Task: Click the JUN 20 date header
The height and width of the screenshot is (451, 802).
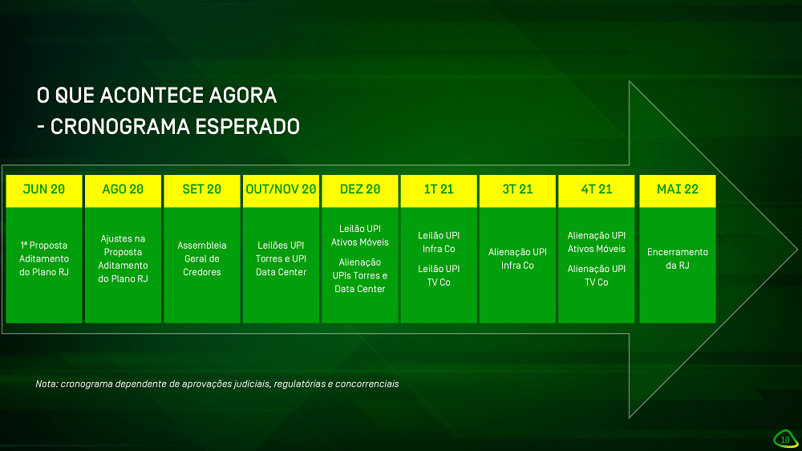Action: click(x=44, y=190)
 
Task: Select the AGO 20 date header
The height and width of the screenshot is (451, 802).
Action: click(x=123, y=190)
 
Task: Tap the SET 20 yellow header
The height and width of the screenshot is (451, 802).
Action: click(x=202, y=190)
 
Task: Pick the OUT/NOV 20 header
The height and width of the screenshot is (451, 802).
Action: click(x=281, y=190)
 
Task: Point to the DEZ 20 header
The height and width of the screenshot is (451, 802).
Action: click(x=359, y=190)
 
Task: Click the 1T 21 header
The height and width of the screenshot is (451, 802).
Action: click(x=439, y=190)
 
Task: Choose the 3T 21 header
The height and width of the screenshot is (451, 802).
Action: click(x=517, y=190)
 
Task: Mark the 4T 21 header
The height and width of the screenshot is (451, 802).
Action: click(x=597, y=190)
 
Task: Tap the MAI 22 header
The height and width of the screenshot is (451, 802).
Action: click(x=678, y=190)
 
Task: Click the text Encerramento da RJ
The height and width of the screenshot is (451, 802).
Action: click(x=678, y=258)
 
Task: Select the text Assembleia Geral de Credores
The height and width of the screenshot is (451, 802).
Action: click(x=202, y=258)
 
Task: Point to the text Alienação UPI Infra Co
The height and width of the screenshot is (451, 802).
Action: click(x=517, y=258)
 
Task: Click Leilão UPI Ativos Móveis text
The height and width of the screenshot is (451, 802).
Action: click(x=359, y=235)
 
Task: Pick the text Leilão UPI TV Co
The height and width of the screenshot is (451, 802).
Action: click(x=439, y=275)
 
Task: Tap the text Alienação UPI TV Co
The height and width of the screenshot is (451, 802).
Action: click(x=597, y=275)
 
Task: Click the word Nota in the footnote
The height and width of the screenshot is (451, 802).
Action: click(x=46, y=384)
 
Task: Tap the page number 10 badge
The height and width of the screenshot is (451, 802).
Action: click(x=785, y=439)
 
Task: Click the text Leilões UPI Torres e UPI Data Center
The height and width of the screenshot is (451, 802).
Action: click(x=281, y=258)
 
